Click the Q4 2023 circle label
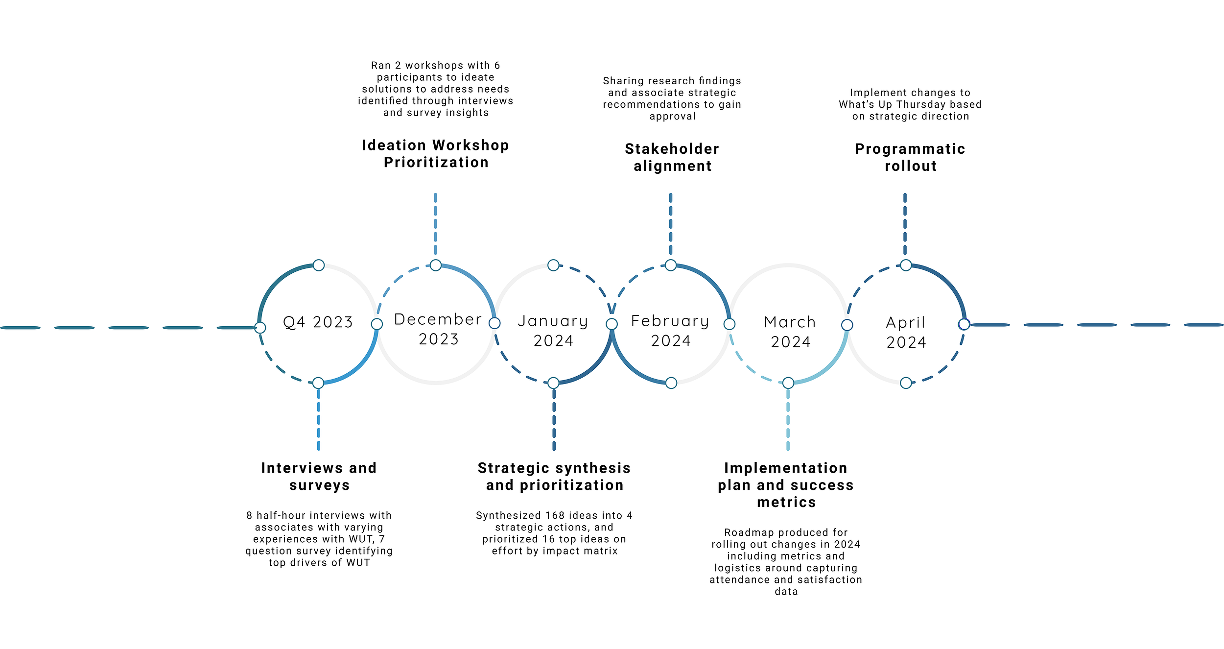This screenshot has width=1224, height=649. (x=318, y=322)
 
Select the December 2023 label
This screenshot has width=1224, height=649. (x=438, y=329)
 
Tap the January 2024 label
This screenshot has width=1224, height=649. (x=553, y=331)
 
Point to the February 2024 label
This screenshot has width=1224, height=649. (x=670, y=331)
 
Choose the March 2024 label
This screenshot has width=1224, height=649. (x=790, y=332)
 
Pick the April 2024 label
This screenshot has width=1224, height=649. (x=906, y=332)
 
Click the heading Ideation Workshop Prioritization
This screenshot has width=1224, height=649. (x=436, y=154)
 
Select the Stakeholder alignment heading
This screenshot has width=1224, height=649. (x=672, y=157)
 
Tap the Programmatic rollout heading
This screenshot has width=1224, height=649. (x=910, y=157)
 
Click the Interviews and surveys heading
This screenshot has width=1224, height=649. (x=319, y=477)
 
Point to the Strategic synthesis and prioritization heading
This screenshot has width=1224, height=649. (x=554, y=477)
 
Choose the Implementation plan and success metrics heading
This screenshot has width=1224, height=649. (x=786, y=485)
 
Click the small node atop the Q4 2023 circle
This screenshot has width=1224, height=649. (x=319, y=265)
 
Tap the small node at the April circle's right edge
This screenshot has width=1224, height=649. (x=964, y=324)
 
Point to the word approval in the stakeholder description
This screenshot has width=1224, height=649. (x=672, y=117)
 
